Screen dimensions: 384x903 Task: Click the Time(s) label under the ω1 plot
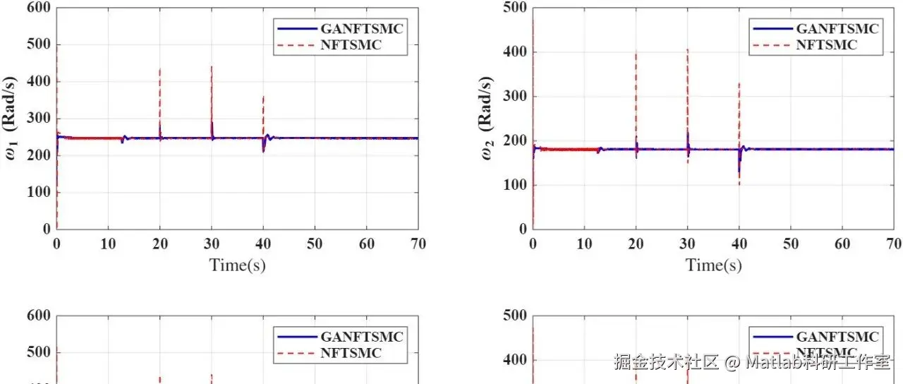click(237, 265)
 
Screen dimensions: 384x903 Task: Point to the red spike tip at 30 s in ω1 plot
click(212, 66)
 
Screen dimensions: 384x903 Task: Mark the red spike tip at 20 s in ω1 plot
click(160, 69)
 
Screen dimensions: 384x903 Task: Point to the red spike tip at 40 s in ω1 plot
click(263, 96)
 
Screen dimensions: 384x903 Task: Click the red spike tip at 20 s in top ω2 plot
click(636, 52)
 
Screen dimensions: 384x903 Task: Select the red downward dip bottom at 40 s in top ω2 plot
click(739, 185)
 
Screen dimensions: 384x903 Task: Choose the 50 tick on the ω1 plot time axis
click(315, 244)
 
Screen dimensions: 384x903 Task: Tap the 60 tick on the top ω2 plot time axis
click(842, 244)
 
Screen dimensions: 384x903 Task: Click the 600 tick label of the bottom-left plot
click(39, 316)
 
